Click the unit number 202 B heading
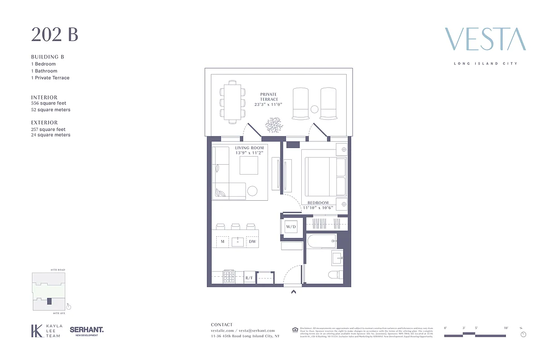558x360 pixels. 54,35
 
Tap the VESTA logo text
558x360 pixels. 485,39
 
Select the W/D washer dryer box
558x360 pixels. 291,227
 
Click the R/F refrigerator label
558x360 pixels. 249,278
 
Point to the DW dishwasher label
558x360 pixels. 252,242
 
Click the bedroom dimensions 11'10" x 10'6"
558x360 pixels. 322,208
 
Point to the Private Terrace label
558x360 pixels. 269,97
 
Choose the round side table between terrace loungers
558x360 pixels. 314,108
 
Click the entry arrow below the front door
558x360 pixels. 293,292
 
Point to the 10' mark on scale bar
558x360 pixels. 506,328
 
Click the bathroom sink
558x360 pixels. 337,258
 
